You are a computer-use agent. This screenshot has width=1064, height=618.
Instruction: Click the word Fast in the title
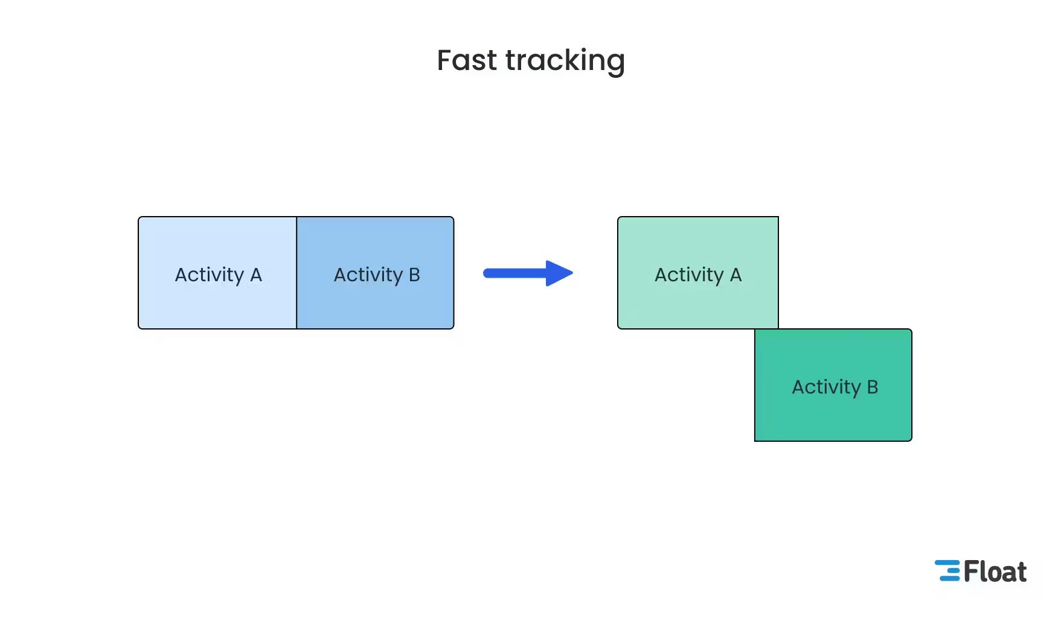[467, 60]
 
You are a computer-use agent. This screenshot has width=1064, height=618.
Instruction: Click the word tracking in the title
[565, 62]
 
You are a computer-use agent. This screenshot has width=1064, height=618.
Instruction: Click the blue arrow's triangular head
[558, 273]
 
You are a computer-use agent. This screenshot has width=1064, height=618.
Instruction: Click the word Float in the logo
[995, 572]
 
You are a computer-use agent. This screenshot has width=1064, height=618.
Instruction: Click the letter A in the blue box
[256, 275]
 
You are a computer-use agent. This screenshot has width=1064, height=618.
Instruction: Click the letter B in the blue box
[414, 275]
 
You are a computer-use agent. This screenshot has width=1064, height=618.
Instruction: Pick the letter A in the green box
[736, 275]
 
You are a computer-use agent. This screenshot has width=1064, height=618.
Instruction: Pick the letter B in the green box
[872, 387]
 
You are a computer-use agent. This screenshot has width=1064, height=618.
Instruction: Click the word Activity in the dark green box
[826, 387]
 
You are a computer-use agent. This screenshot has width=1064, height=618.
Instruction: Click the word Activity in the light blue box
[209, 275]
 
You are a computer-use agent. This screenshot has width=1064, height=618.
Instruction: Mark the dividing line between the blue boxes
[296, 273]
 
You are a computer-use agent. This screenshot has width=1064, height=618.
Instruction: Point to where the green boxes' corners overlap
[766, 329]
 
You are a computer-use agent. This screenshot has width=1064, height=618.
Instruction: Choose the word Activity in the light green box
[689, 275]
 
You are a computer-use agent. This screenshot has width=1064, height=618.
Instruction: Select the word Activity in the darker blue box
[368, 275]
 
